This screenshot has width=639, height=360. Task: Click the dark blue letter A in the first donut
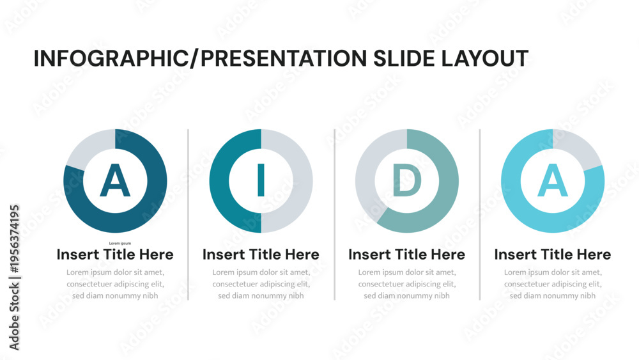click(x=115, y=180)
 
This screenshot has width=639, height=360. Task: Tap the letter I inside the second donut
click(x=261, y=180)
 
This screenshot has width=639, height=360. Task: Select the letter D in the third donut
click(x=407, y=180)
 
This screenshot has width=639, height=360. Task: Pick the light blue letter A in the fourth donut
click(x=553, y=180)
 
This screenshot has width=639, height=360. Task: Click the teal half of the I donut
click(x=219, y=181)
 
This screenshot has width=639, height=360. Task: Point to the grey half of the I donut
click(x=303, y=181)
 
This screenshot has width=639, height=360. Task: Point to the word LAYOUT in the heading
click(x=485, y=58)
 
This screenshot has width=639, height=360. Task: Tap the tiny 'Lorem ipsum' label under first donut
click(x=120, y=244)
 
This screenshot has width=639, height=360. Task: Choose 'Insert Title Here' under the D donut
click(x=406, y=254)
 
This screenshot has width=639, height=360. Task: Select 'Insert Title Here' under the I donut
click(x=261, y=254)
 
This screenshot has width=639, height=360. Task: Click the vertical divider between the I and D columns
click(x=335, y=215)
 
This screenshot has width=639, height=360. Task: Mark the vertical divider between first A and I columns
click(x=189, y=215)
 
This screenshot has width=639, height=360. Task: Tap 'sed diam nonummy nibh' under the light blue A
click(x=553, y=295)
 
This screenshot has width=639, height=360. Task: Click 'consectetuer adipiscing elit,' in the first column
click(x=115, y=284)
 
